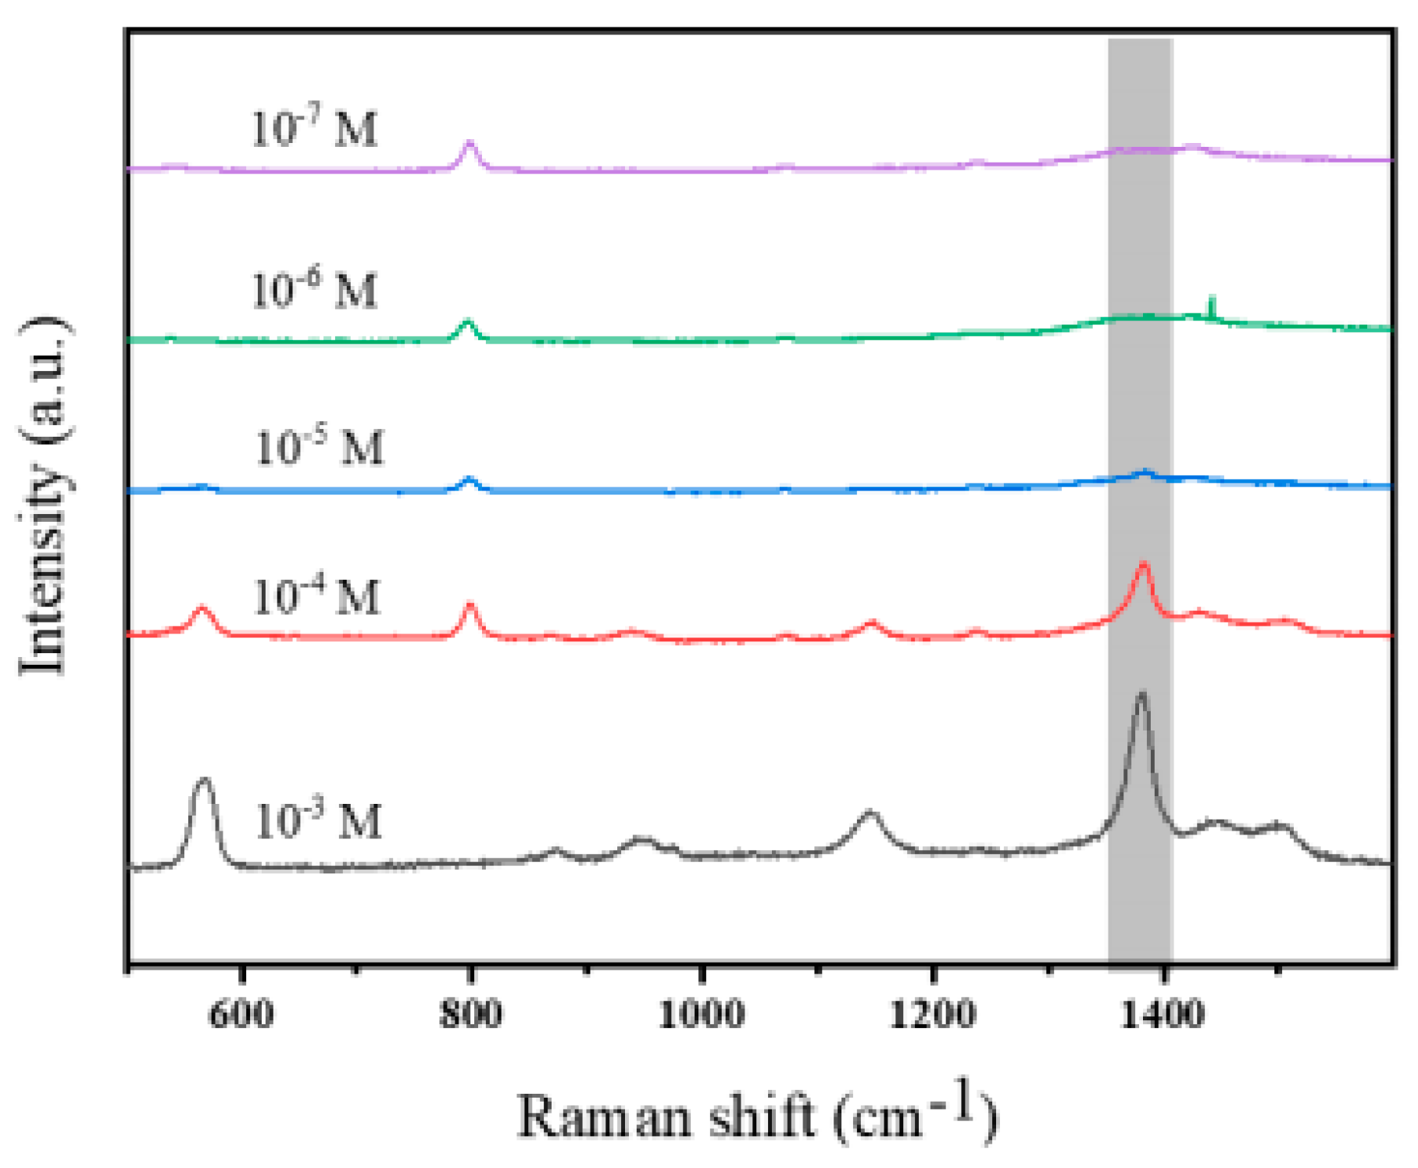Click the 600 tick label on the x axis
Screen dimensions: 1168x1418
(x=242, y=1014)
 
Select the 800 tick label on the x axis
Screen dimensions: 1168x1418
(x=470, y=1014)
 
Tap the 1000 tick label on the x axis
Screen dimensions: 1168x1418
(x=702, y=1014)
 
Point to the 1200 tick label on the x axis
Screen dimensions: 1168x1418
(x=933, y=1014)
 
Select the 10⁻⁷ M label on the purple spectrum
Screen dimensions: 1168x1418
(x=314, y=128)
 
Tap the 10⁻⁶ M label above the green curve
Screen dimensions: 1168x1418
(x=314, y=290)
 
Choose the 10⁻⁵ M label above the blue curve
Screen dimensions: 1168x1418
(x=320, y=448)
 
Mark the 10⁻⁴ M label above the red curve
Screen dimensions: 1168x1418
(x=316, y=597)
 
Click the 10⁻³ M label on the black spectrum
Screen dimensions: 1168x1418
(x=319, y=821)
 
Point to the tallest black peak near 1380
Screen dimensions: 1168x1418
(x=1141, y=694)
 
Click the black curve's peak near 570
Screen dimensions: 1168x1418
(x=205, y=780)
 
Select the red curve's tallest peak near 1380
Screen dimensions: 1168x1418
(x=1144, y=563)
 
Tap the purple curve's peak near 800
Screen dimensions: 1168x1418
(x=470, y=144)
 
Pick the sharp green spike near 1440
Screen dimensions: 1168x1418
(x=1211, y=299)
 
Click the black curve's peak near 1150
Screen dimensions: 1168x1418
(x=870, y=814)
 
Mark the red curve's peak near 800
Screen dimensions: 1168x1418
(x=470, y=605)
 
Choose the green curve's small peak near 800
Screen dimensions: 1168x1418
(x=468, y=322)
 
